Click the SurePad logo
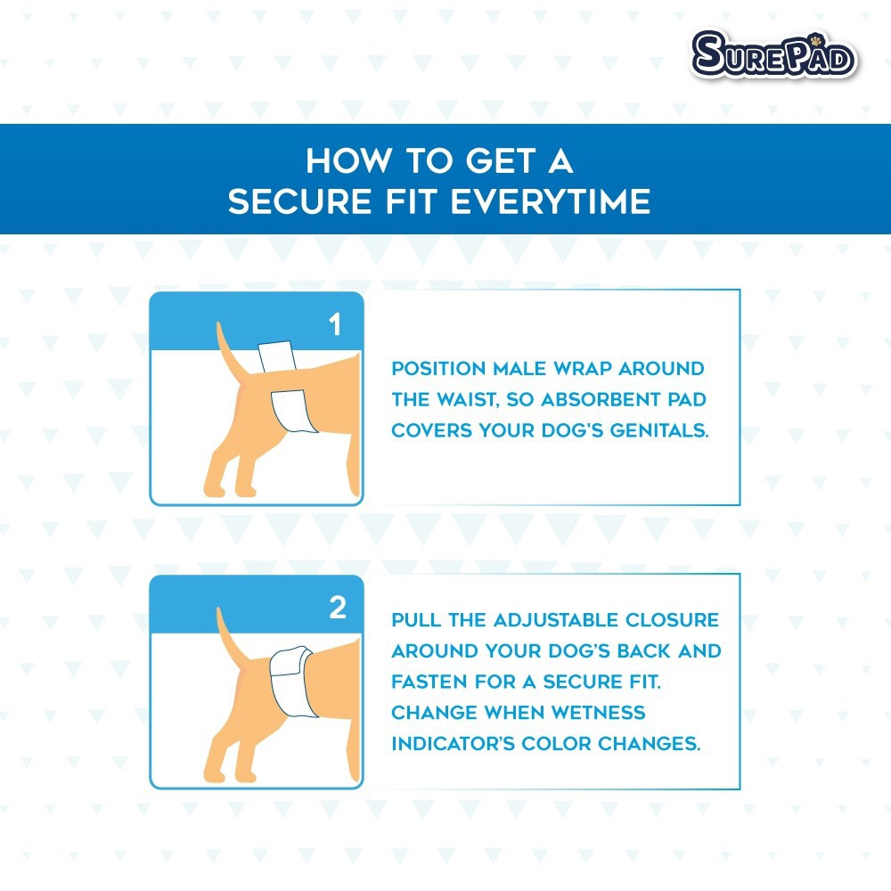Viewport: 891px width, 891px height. point(774,54)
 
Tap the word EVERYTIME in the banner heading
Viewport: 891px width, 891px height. point(552,201)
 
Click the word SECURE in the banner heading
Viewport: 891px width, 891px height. point(300,201)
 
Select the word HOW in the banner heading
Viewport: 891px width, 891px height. point(348,160)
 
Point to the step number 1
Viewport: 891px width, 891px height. point(335,324)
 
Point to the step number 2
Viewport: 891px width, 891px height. point(338,608)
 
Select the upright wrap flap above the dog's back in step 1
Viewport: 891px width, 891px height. point(277,356)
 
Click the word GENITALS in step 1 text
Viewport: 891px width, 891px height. point(659,430)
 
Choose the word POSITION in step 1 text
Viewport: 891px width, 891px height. point(438,368)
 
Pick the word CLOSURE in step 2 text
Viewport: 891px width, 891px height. point(672,619)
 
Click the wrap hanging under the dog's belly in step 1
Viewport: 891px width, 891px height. point(294,411)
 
